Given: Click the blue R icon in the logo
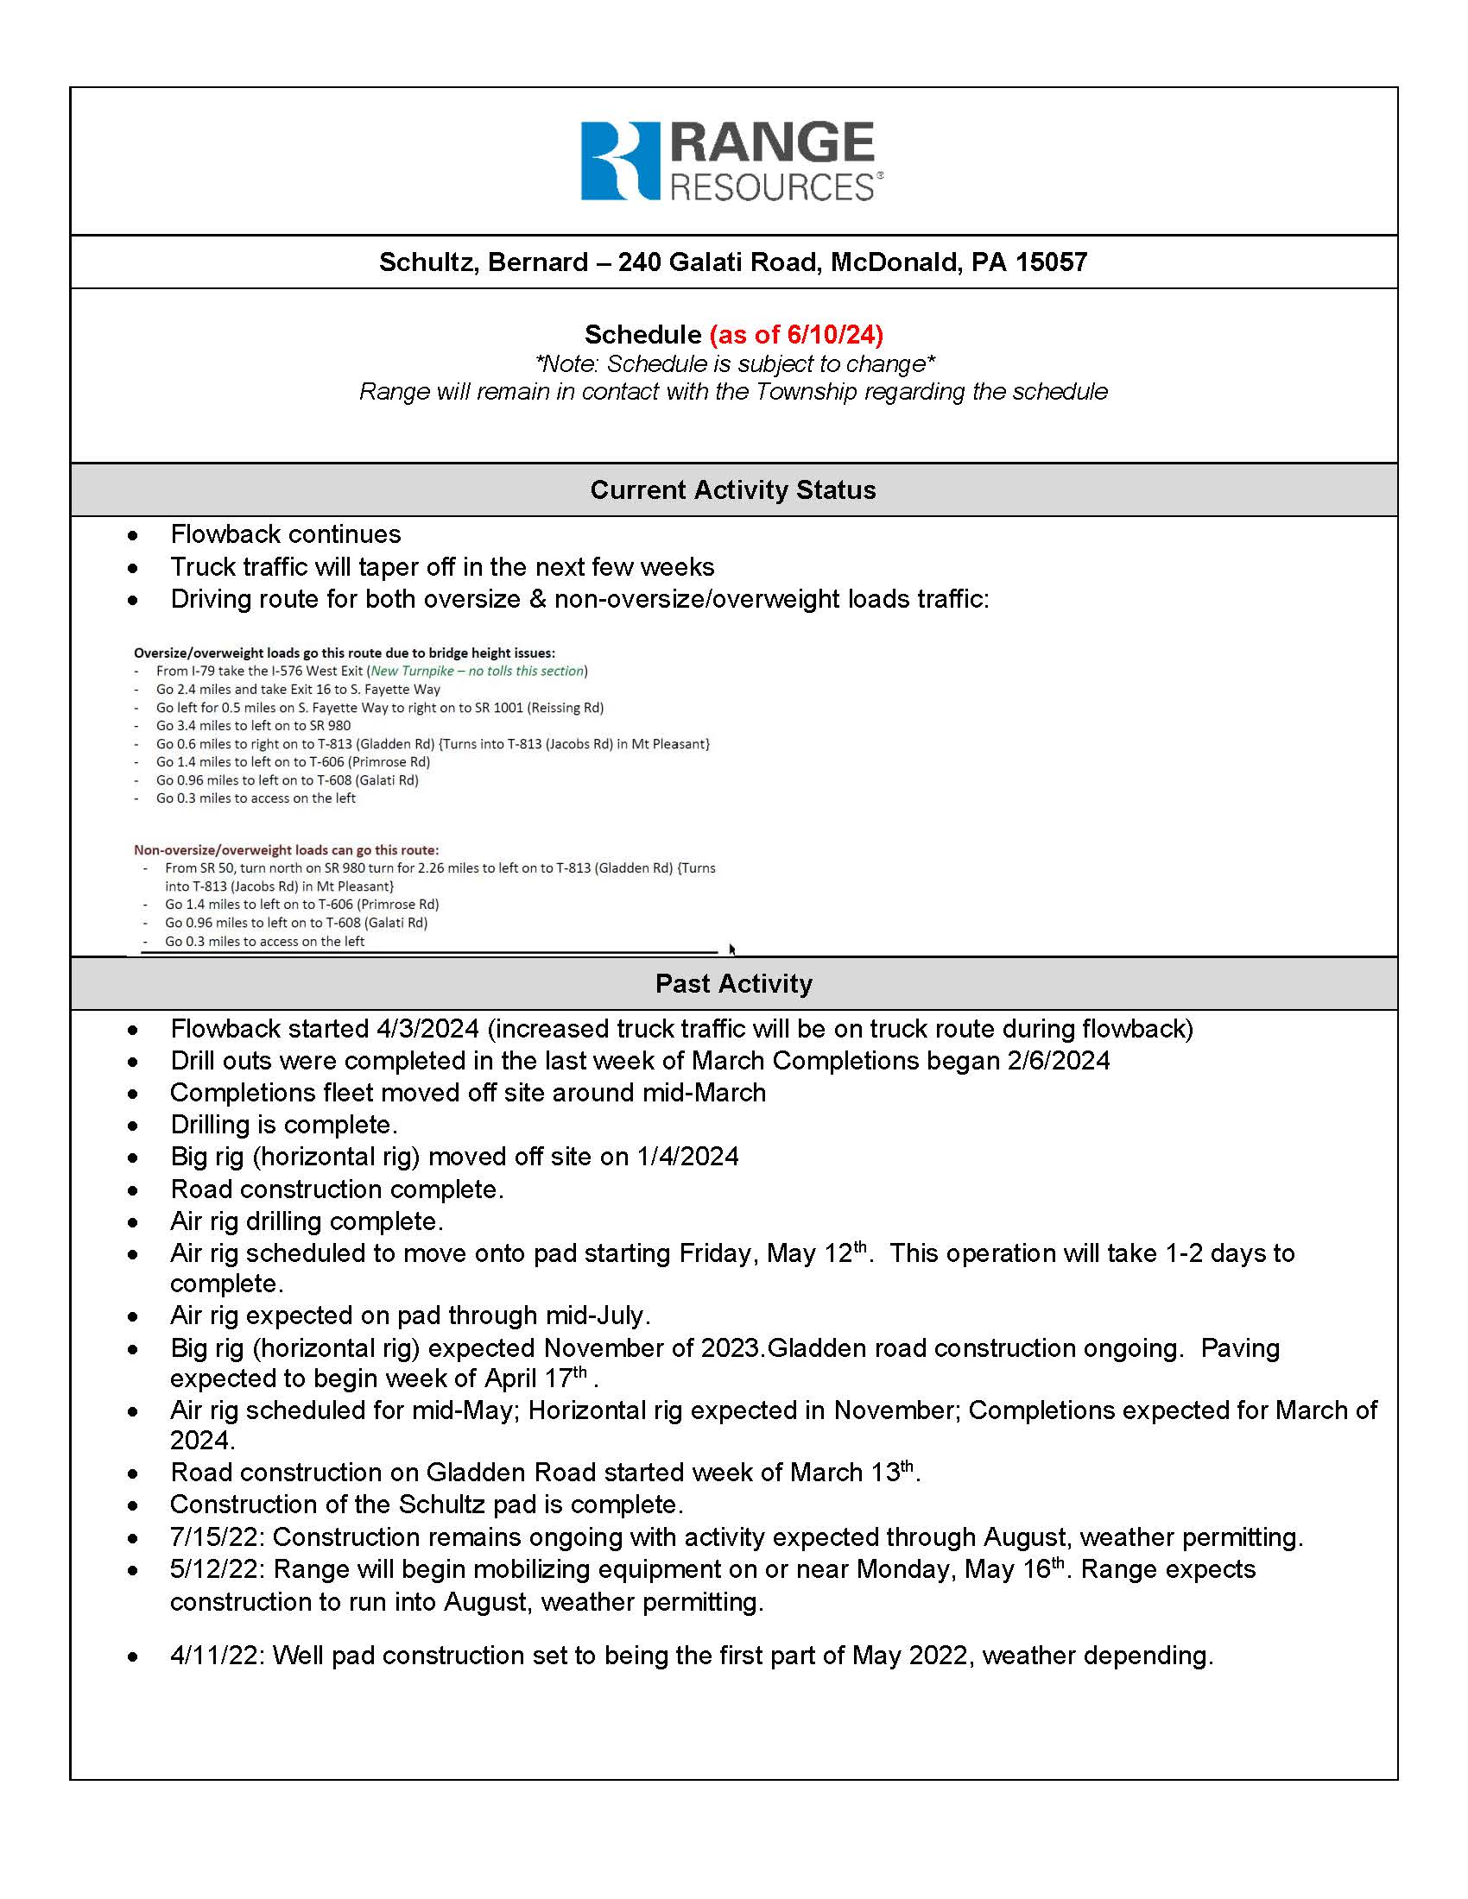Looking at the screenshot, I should click(620, 161).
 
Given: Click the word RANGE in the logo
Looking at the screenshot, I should click(772, 142).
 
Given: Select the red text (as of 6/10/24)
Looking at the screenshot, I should click(796, 335).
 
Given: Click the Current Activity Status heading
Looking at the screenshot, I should click(733, 490).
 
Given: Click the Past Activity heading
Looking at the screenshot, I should click(733, 983).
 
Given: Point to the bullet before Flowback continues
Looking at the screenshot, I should click(132, 535).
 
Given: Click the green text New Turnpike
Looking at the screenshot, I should click(412, 672).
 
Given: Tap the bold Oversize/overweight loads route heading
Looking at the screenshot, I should click(344, 653).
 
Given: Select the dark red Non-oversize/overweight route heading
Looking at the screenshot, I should click(286, 850).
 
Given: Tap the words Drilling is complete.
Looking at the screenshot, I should click(283, 1125).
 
